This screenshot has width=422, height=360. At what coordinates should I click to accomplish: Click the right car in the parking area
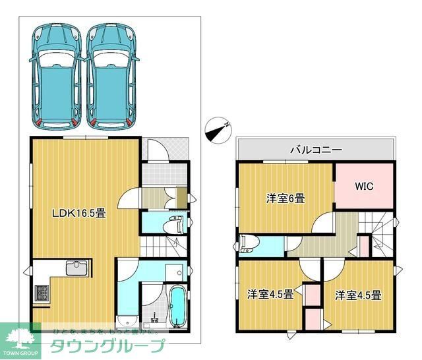[x=113, y=75]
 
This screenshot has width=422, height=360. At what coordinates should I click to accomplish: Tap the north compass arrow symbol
[x=218, y=129]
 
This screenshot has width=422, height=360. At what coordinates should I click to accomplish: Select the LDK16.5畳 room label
[x=80, y=213]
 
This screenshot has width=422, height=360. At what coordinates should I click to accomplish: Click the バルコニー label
[x=316, y=150]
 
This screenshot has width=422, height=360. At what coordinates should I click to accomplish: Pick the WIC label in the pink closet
[x=365, y=186]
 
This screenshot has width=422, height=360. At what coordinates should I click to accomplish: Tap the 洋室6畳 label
[x=286, y=197]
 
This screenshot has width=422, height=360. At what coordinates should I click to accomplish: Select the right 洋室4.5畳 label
[x=358, y=295]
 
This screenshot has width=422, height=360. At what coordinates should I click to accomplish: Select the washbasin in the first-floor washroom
[x=173, y=273]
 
